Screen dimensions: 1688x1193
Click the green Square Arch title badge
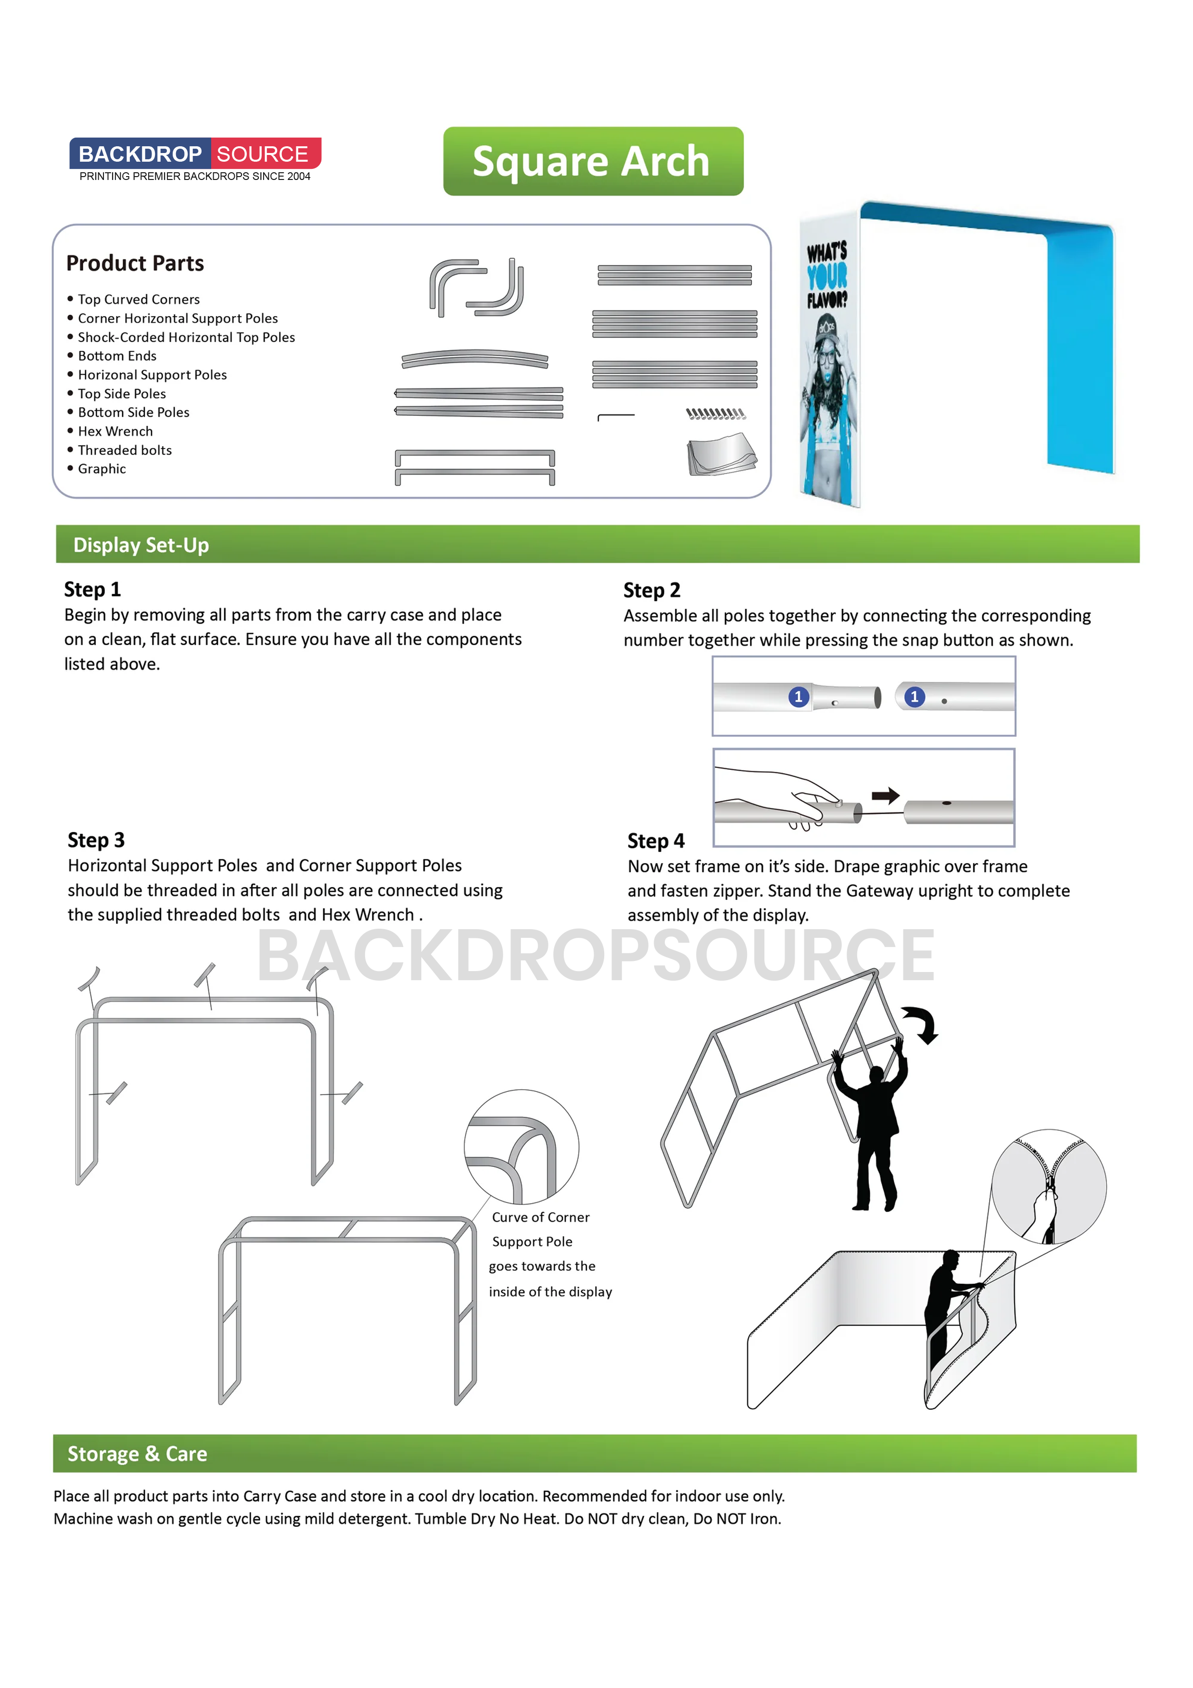coord(593,161)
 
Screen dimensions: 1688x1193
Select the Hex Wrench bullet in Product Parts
coord(115,432)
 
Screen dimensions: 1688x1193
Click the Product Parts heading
coord(135,263)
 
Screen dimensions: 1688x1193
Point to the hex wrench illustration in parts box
coord(615,417)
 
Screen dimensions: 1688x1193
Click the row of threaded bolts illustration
coord(715,414)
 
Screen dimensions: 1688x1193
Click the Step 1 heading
coord(92,589)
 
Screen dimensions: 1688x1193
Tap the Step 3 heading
coord(96,840)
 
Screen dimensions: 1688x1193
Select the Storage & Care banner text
coord(138,1454)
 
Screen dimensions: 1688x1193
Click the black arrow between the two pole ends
coord(886,795)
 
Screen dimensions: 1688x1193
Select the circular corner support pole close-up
coord(521,1147)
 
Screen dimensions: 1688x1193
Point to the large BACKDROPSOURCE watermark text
coord(596,955)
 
